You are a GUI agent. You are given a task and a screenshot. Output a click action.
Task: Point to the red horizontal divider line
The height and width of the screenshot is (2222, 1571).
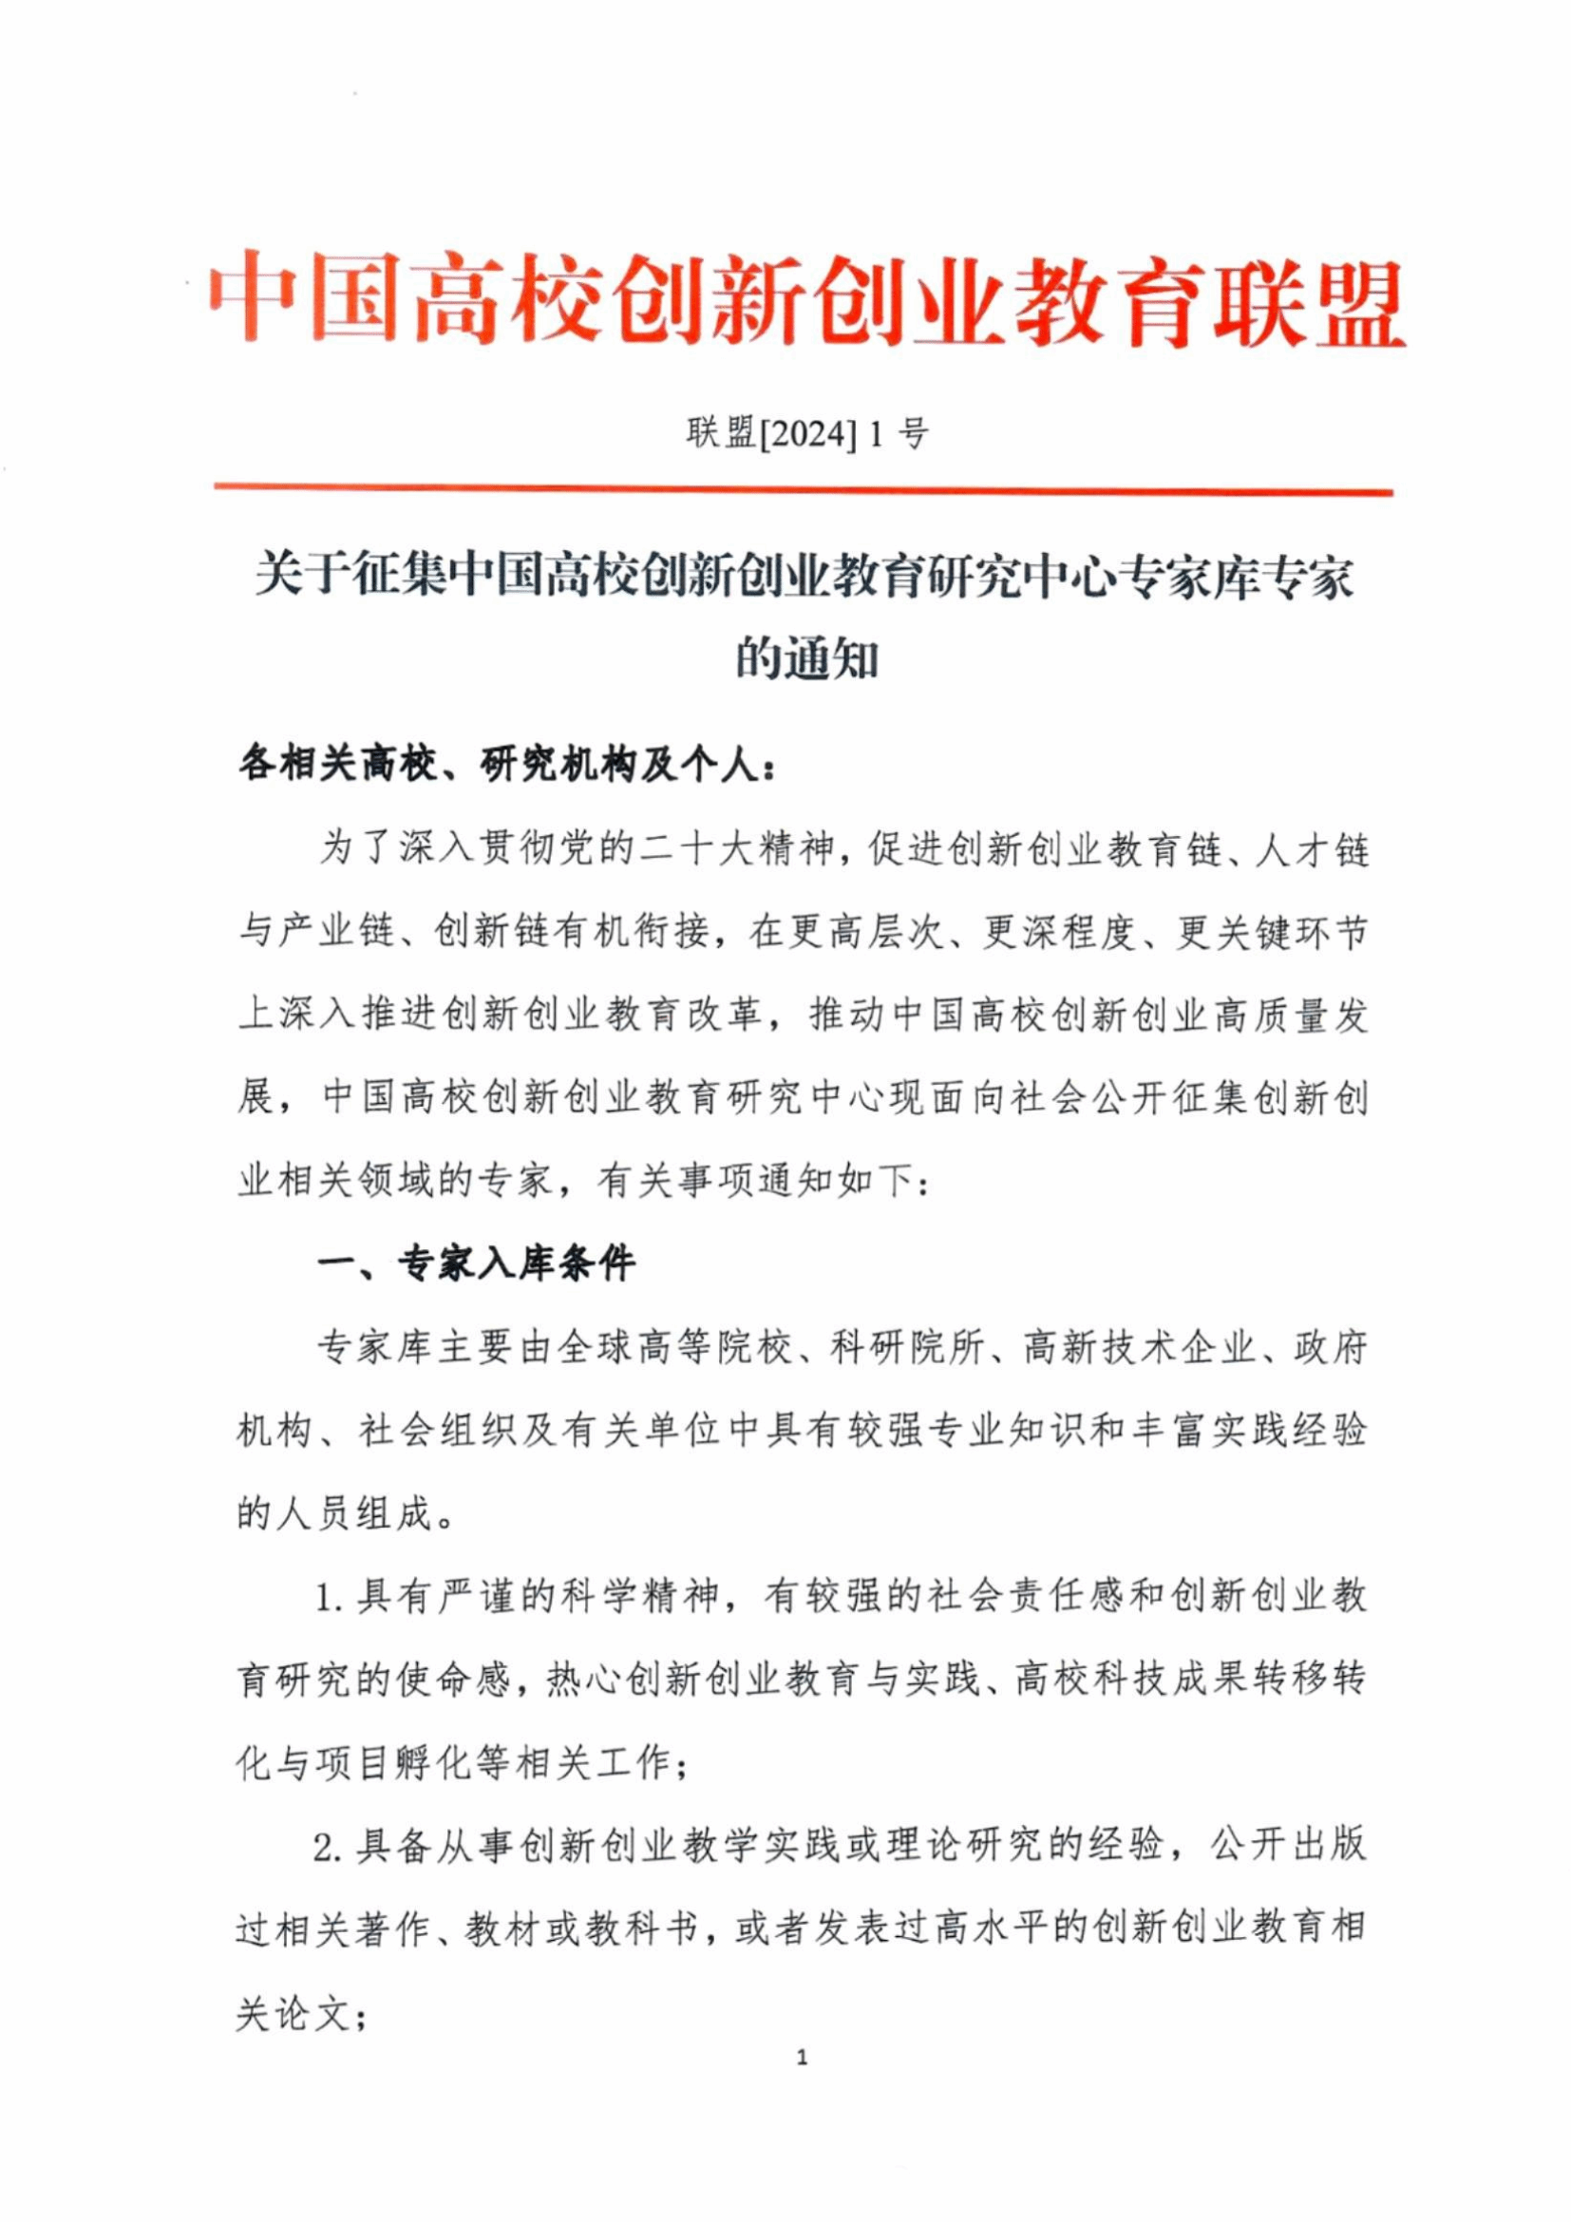point(803,490)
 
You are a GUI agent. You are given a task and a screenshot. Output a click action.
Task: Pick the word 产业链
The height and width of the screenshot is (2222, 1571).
point(336,934)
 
